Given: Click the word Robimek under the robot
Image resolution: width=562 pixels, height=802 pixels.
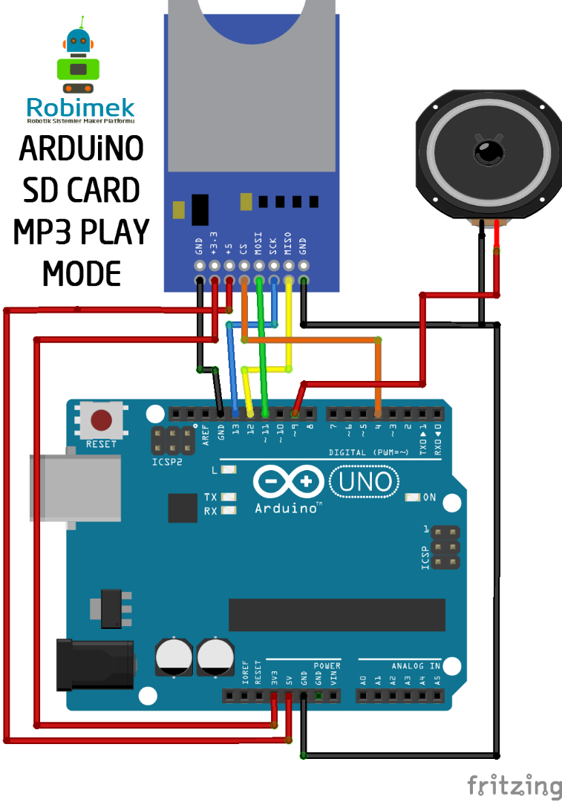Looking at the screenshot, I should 80,107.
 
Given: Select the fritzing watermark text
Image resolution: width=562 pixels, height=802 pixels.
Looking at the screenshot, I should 514,785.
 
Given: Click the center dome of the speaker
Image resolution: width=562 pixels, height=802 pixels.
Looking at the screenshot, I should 487,153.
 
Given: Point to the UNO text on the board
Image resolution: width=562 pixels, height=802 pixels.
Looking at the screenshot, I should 365,483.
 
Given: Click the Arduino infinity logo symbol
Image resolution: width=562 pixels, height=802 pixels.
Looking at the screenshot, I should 287,483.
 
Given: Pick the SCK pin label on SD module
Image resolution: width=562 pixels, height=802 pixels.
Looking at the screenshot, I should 273,246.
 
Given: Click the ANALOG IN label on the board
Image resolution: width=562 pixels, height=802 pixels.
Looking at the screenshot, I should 416,665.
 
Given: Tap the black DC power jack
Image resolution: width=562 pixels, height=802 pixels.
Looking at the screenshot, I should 95,663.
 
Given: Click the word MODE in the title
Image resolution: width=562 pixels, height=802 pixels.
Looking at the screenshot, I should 81,274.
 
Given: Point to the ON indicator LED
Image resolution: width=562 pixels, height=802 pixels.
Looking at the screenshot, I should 412,497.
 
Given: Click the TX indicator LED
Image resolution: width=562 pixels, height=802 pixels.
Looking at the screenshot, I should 229,497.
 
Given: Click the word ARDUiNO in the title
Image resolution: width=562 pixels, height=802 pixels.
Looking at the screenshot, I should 81,149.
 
